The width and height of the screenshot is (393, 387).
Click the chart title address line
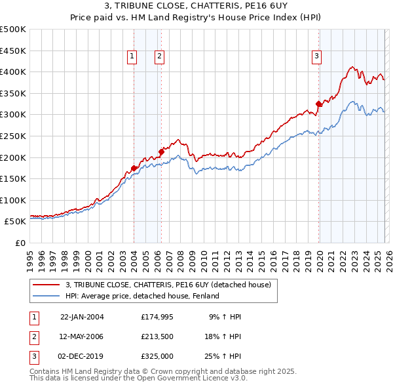click(x=196, y=6)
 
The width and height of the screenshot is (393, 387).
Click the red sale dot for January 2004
click(x=134, y=168)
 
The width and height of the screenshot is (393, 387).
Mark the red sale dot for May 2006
click(x=161, y=152)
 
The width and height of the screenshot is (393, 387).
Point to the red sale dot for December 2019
click(x=319, y=104)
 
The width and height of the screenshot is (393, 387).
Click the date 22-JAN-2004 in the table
click(x=82, y=317)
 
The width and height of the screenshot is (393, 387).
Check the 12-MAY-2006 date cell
click(x=82, y=336)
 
